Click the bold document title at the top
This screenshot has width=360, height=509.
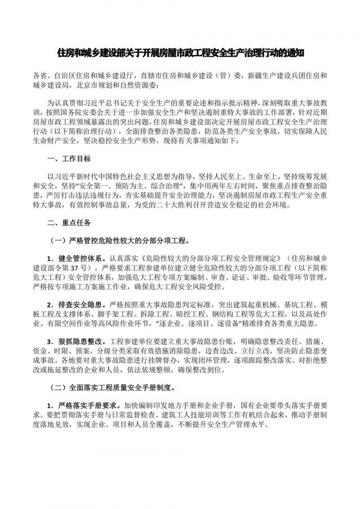coord(180,52)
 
